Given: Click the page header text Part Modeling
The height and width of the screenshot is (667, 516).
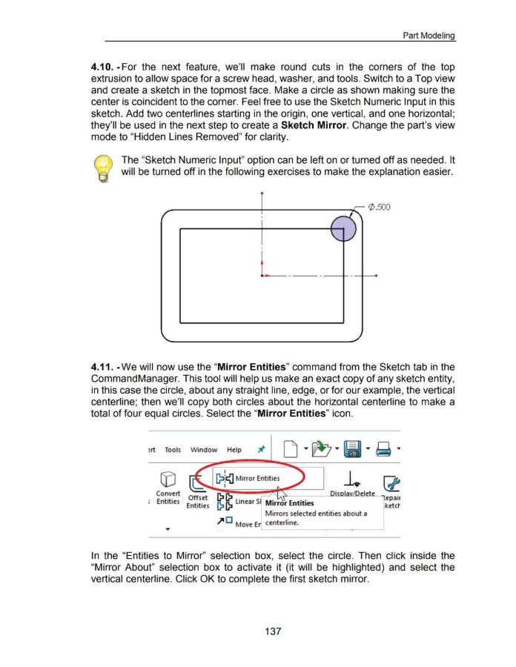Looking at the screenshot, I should pos(428,36).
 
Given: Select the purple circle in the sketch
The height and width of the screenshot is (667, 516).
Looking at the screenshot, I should pos(343,227).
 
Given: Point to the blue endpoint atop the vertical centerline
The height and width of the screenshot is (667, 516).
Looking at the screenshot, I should pos(263,194).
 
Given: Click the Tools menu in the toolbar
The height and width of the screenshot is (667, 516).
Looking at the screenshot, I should pos(173,449).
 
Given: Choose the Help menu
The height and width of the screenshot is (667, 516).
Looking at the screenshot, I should pos(234,449).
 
